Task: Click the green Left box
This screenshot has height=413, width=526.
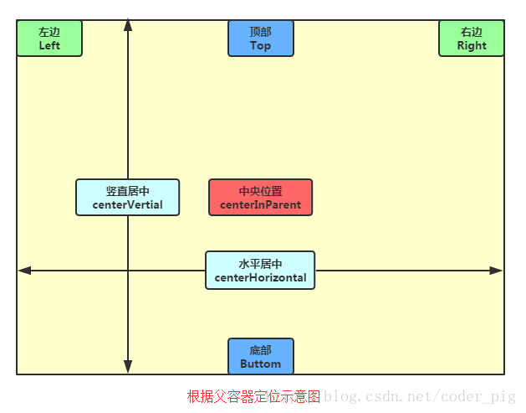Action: coord(49,39)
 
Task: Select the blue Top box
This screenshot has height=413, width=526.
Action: coord(261,39)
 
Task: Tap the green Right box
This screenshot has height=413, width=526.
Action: coord(472,39)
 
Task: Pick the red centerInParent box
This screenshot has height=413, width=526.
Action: coord(260,198)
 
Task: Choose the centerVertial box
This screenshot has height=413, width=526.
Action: coord(127,198)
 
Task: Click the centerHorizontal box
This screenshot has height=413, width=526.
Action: coord(260,271)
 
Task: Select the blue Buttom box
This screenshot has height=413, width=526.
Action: coord(261,357)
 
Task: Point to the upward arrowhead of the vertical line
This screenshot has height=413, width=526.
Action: coord(128,25)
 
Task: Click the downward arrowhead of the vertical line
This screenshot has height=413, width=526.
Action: coord(128,367)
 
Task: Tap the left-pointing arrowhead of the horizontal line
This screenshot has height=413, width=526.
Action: coord(24,271)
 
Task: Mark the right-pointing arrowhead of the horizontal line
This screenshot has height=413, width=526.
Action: coord(497,271)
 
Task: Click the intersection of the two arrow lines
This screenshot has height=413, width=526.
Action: coord(128,271)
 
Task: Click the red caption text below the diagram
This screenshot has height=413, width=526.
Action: coord(253,396)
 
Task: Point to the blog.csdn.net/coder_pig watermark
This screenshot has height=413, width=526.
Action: coord(420,396)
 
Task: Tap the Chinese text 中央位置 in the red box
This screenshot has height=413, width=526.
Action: coord(260,191)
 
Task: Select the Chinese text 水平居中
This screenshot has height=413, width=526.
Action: coord(260,264)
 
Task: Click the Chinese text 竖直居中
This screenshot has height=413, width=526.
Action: coord(127,191)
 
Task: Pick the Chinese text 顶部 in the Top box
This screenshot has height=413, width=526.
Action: coord(261,32)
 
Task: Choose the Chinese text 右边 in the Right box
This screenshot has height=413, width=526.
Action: coord(472,32)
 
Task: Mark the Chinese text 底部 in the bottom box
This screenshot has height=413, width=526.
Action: coord(261,350)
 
